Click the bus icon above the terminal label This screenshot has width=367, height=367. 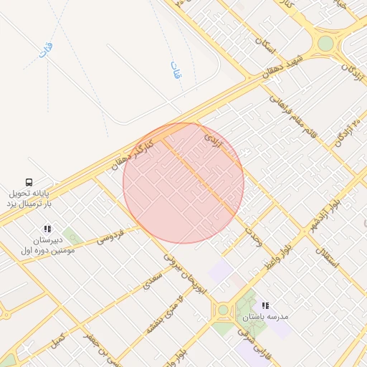(x=29, y=182)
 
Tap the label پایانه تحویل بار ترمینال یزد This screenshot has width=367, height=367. (x=31, y=199)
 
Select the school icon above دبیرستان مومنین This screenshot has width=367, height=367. (x=47, y=229)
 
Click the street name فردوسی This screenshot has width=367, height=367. (x=111, y=235)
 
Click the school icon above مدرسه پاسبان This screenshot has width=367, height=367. (x=265, y=305)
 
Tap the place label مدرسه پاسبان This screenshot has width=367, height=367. (x=254, y=317)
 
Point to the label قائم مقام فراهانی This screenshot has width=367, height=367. (x=290, y=108)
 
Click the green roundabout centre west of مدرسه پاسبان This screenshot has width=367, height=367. (x=223, y=310)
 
